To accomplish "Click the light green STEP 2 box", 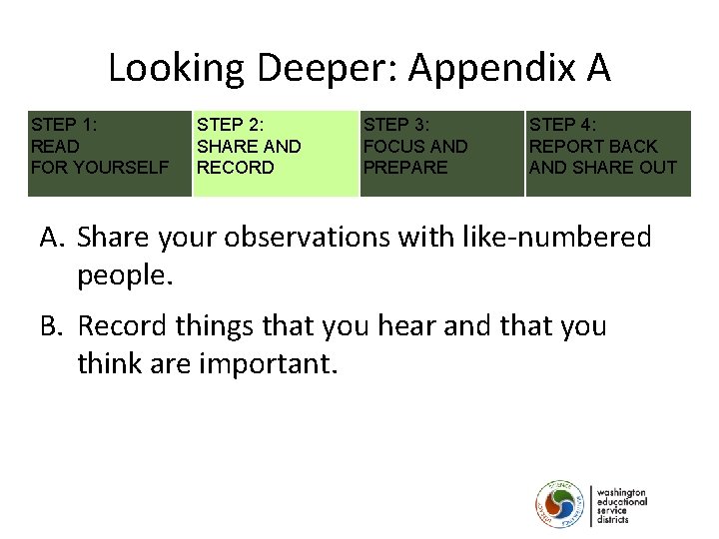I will (275, 152).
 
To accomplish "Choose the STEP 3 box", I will (440, 152).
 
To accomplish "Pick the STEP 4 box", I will (607, 152).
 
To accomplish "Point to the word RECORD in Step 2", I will (235, 168).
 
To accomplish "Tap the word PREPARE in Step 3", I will (405, 168).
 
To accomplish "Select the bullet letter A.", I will (51, 238).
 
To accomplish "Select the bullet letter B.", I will (51, 326).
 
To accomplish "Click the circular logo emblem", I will (560, 505).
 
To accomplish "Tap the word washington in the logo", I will (621, 493).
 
